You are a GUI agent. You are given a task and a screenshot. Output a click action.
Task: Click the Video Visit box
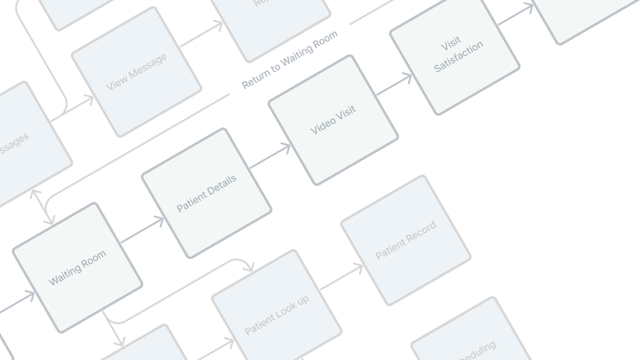(333, 120)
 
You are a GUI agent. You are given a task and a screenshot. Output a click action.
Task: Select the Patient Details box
(206, 193)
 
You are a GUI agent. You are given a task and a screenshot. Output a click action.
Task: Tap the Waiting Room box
(78, 267)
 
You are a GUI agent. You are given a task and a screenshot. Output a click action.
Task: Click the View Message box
(136, 72)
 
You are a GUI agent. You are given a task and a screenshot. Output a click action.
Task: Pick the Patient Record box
(405, 239)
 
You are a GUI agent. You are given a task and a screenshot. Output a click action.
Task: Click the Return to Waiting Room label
(290, 59)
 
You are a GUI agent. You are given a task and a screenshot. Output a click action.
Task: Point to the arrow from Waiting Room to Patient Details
(142, 230)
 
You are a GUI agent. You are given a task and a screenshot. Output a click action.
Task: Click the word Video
(322, 125)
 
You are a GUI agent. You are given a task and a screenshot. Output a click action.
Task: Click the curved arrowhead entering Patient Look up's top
(249, 268)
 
